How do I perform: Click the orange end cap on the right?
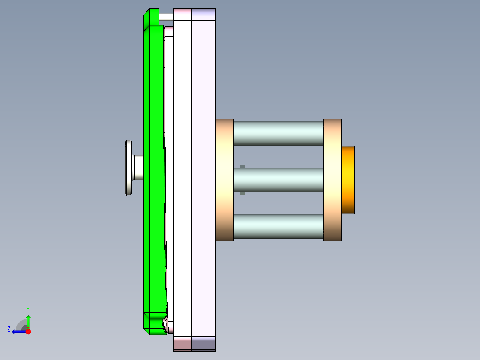pyautogui.click(x=348, y=180)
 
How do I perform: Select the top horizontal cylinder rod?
pyautogui.click(x=278, y=133)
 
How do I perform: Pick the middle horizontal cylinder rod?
pyautogui.click(x=278, y=180)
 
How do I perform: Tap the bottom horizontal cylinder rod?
pyautogui.click(x=278, y=226)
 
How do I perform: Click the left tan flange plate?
pyautogui.click(x=225, y=180)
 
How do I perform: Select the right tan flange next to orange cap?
pyautogui.click(x=332, y=180)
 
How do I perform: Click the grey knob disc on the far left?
pyautogui.click(x=129, y=168)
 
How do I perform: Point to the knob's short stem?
pyautogui.click(x=138, y=168)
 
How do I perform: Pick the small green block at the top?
pyautogui.click(x=151, y=17)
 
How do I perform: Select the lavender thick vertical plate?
pyautogui.click(x=203, y=178)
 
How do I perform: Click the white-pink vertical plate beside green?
pyautogui.click(x=182, y=178)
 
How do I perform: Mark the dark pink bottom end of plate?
pyautogui.click(x=182, y=344)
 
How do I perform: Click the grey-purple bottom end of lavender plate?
pyautogui.click(x=203, y=344)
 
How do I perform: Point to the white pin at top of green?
pyautogui.click(x=166, y=16)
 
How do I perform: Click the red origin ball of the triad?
pyautogui.click(x=28, y=331)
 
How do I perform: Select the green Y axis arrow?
pyautogui.click(x=28, y=320)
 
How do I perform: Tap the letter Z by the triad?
pyautogui.click(x=9, y=329)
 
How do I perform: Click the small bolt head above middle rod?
pyautogui.click(x=243, y=167)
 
